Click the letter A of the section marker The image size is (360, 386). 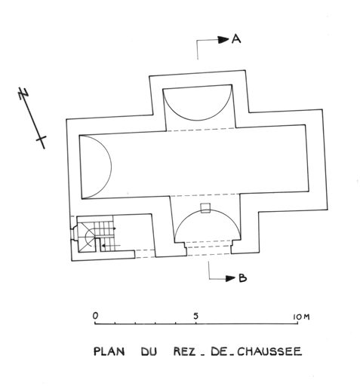click(x=236, y=39)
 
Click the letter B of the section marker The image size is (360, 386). click(x=242, y=278)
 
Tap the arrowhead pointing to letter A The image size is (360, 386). click(x=223, y=39)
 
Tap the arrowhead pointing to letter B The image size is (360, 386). click(x=230, y=278)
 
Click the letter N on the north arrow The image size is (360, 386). click(x=23, y=93)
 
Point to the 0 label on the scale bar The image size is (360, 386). click(x=95, y=315)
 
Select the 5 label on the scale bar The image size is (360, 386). click(x=196, y=316)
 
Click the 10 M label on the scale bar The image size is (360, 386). click(x=301, y=317)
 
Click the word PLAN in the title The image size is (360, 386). click(x=109, y=351)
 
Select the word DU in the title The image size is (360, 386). click(x=149, y=351)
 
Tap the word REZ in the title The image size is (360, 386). click(x=184, y=351)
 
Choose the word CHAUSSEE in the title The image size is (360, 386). click(x=269, y=351)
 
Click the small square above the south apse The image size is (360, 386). click(x=205, y=208)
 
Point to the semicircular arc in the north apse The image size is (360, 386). click(x=197, y=121)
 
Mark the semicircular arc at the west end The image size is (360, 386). click(x=111, y=166)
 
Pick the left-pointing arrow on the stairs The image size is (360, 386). click(x=111, y=245)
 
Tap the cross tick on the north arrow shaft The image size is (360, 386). click(x=42, y=139)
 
